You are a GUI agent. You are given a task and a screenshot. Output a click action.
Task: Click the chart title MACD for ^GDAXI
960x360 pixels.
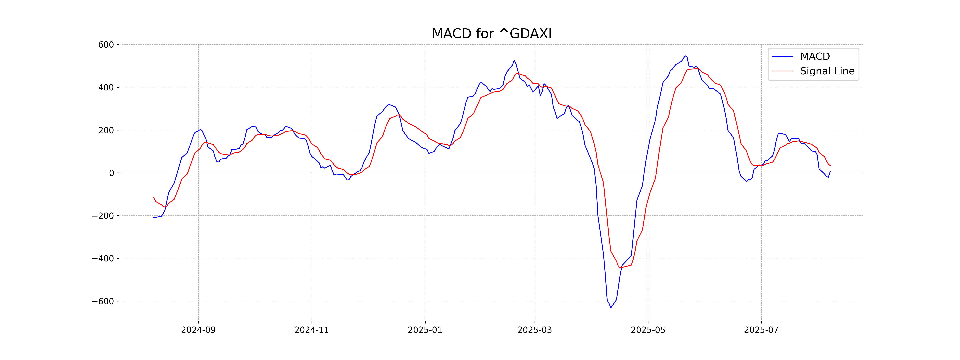(492, 34)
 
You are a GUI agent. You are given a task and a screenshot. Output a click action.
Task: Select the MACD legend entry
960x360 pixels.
(815, 57)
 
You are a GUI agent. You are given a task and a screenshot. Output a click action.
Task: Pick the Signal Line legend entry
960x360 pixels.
(827, 71)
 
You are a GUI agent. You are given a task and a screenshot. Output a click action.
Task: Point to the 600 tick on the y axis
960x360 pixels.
(106, 45)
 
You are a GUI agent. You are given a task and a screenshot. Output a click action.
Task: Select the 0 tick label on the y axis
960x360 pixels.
(111, 173)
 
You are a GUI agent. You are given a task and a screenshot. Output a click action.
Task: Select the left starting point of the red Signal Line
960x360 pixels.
(154, 198)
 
